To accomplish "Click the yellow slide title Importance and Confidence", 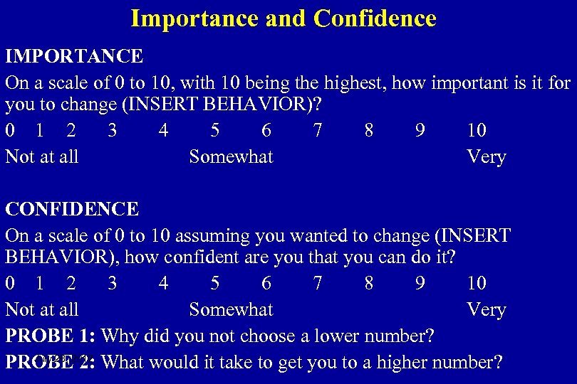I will coord(283,18).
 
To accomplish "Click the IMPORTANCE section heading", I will coord(74,55).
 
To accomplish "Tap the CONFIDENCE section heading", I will coord(72,209).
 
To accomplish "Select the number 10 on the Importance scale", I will coord(477,130).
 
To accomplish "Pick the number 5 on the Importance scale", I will coord(215,130).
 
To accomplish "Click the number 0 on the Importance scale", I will coord(10,130).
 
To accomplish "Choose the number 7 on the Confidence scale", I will coord(318,284).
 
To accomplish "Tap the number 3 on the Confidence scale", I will coord(112,284).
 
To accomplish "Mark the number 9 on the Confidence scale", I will coord(420,284).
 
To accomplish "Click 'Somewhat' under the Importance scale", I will coord(231,156).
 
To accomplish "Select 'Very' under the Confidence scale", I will coord(486,310).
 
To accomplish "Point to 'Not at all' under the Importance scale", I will coord(42,156).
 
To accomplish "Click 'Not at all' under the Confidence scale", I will coord(42,310).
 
